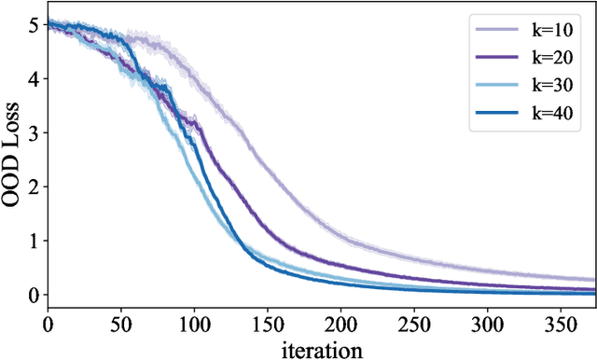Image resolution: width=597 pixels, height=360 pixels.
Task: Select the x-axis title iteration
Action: pos(321,349)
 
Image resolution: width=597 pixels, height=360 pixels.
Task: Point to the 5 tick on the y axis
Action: pos(34,25)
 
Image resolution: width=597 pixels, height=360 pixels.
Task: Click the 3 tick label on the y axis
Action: pos(34,133)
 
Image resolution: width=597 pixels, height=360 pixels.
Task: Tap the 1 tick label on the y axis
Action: pos(34,242)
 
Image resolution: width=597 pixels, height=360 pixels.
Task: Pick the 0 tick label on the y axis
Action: pos(34,296)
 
